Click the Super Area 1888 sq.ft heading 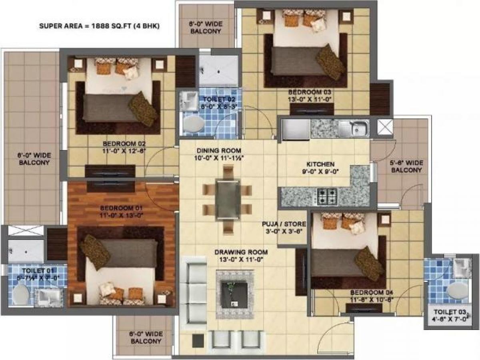click(x=100, y=26)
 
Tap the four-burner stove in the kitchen click(x=327, y=196)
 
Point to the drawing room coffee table click(x=235, y=289)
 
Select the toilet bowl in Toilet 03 click(x=456, y=290)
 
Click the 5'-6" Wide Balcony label click(x=406, y=166)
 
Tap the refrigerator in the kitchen click(x=296, y=129)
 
